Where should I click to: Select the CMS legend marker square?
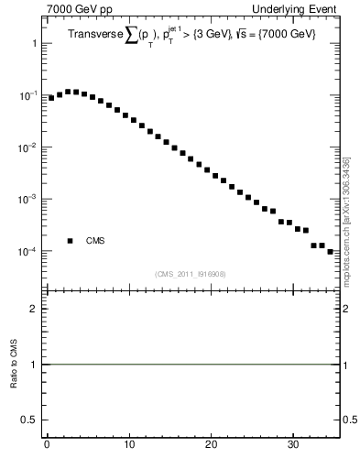(70, 241)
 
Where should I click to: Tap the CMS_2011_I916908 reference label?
(192, 274)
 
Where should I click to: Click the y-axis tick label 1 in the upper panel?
(34, 44)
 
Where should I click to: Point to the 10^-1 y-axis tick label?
(28, 95)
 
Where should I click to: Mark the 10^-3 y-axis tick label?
(28, 199)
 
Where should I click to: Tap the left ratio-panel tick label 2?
(34, 309)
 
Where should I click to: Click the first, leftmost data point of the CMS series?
(51, 97)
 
